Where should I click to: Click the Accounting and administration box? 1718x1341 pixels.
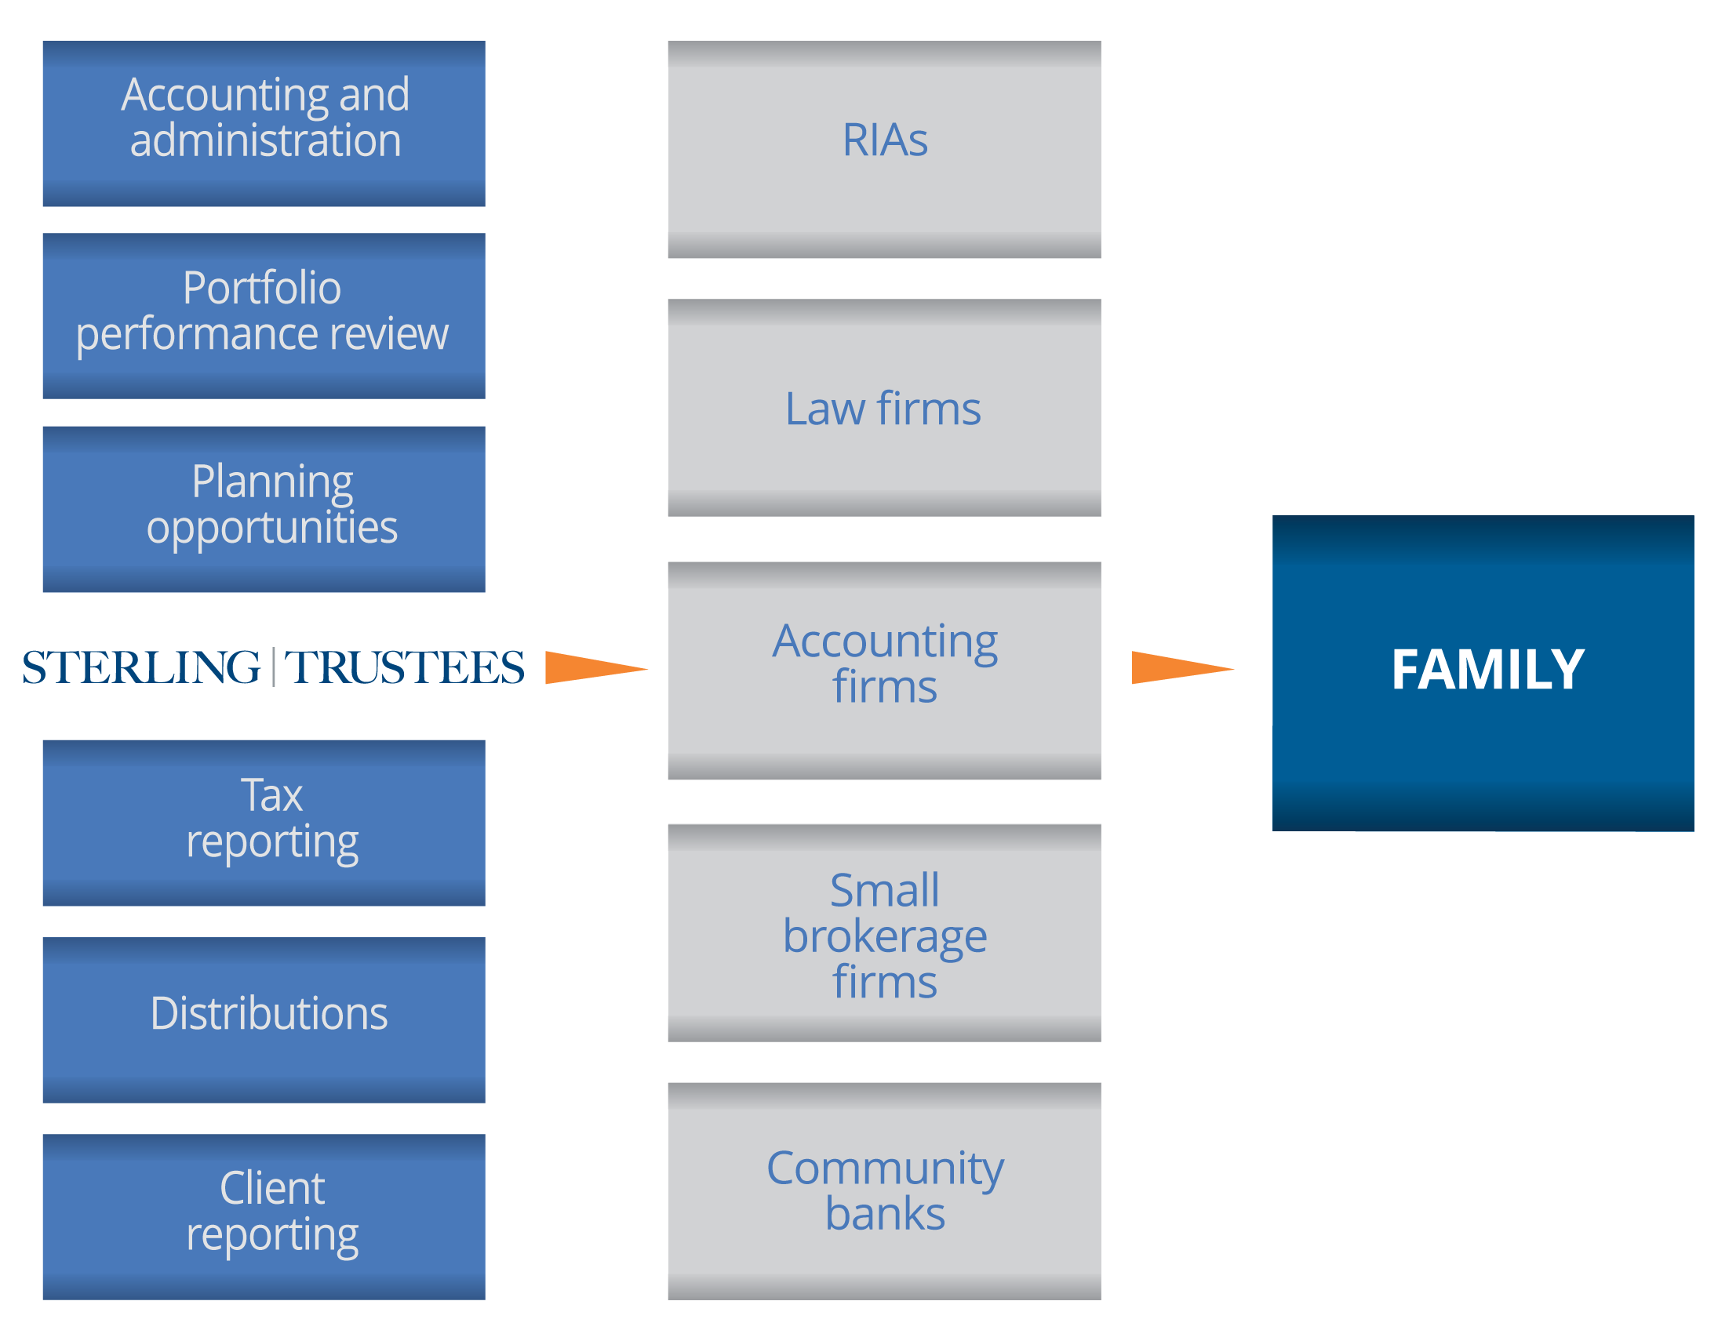click(x=264, y=123)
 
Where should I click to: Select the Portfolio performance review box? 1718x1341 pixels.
click(x=264, y=316)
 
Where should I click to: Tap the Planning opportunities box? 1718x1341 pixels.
click(x=264, y=508)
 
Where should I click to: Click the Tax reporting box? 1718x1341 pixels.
click(x=264, y=822)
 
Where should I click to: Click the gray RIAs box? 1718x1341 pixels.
click(x=883, y=150)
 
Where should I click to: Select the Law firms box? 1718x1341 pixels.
click(x=883, y=408)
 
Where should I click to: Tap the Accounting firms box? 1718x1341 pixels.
click(x=883, y=670)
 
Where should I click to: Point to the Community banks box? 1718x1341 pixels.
click(x=883, y=1190)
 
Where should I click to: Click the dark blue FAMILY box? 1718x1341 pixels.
click(x=1482, y=673)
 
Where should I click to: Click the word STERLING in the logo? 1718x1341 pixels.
click(x=141, y=667)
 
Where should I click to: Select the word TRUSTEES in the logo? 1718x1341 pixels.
click(x=403, y=667)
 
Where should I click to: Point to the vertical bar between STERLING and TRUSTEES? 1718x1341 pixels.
click(x=273, y=667)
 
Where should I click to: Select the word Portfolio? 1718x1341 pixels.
click(x=262, y=288)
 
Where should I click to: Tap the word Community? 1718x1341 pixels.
click(x=885, y=1168)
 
